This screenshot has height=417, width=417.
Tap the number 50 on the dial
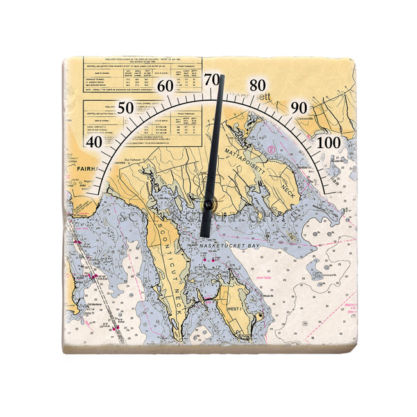pyautogui.click(x=126, y=107)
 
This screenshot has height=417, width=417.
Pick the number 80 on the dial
pyautogui.click(x=257, y=85)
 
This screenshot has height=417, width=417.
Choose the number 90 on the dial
pyautogui.click(x=298, y=107)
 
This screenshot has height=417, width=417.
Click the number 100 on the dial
pyautogui.click(x=328, y=141)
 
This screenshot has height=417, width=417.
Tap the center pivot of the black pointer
pyautogui.click(x=208, y=205)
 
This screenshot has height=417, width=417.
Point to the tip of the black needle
pyautogui.click(x=221, y=76)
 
